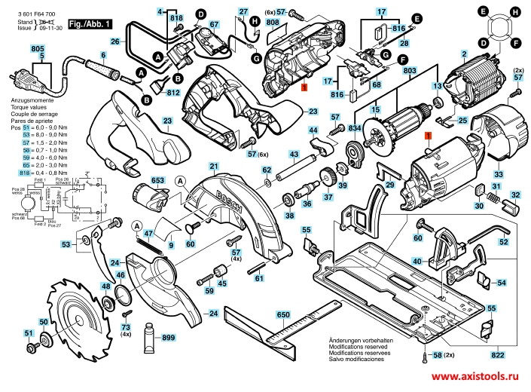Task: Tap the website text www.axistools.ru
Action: pyautogui.click(x=475, y=375)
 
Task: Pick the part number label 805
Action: pyautogui.click(x=37, y=48)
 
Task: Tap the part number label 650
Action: pyautogui.click(x=283, y=314)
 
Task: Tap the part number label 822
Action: pyautogui.click(x=498, y=354)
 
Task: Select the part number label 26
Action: pyautogui.click(x=115, y=41)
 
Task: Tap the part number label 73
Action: pyautogui.click(x=127, y=326)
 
